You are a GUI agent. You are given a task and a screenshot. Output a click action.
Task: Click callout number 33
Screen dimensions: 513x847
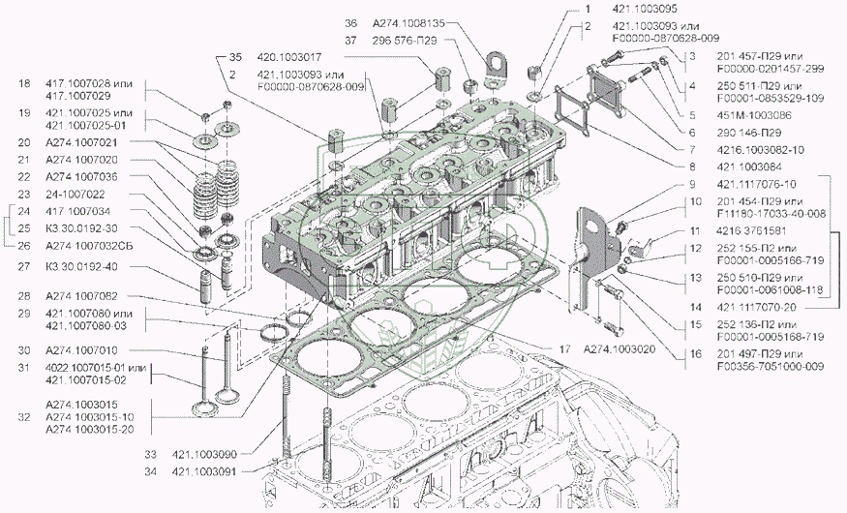coord(150,453)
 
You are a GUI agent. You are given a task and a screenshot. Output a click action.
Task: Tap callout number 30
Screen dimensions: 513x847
coord(24,350)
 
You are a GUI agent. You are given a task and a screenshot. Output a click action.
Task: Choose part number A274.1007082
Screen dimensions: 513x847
coord(82,295)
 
